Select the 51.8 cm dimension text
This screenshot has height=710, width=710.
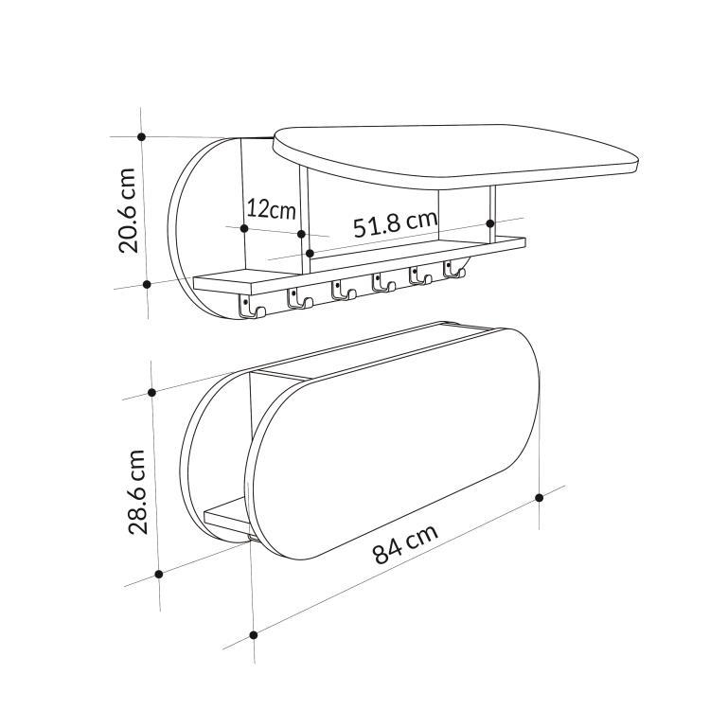(396, 224)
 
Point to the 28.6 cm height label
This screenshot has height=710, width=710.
(138, 491)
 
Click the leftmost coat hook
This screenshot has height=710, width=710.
(248, 308)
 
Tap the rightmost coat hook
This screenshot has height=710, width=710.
(455, 272)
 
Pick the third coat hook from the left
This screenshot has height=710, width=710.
(341, 292)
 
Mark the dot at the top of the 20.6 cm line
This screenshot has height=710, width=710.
(142, 137)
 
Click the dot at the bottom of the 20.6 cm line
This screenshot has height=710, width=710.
(147, 283)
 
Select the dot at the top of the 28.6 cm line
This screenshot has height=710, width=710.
(152, 392)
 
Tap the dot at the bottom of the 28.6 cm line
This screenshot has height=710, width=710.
(159, 574)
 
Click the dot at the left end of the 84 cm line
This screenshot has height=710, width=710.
(254, 634)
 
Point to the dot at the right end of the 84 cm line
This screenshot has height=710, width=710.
(540, 497)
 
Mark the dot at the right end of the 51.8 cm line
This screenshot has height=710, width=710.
(490, 223)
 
